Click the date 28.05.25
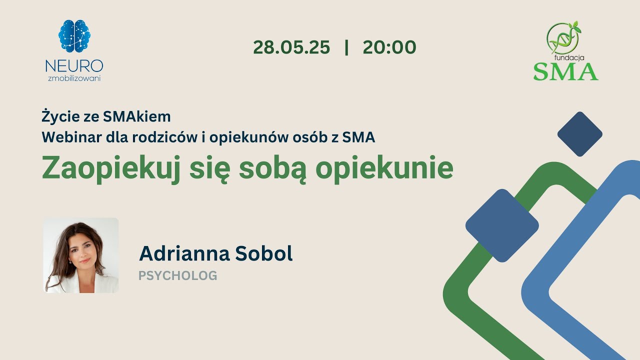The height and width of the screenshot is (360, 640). pos(291,47)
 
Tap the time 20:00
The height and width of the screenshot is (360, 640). pos(389,47)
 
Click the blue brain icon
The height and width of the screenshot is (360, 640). pos(74,36)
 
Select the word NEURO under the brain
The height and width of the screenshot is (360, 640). pos(74,65)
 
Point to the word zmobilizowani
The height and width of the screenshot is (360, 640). pos(74,78)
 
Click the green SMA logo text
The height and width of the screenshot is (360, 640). pos(565,71)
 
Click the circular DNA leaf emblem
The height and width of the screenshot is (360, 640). pos(562,37)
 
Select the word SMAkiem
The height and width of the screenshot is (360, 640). pos(137,117)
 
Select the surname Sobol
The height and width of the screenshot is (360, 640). pos(267,253)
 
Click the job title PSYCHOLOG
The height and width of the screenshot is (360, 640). pos(177,275)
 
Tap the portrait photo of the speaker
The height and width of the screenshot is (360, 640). pos(81,255)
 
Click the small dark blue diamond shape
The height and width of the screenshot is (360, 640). pos(579,134)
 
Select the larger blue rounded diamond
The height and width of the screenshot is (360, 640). pos(502,225)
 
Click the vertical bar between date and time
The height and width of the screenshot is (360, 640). pos(346,47)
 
